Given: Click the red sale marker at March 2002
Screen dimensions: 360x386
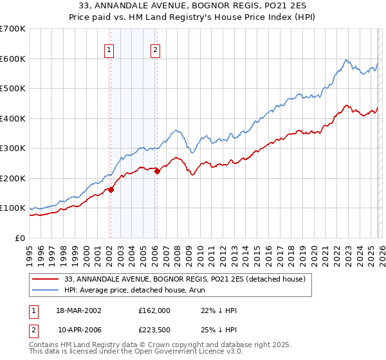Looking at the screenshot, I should [111, 190].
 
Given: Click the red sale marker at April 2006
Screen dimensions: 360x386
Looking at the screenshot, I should [157, 171].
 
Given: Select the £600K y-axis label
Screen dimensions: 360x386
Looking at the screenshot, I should [13, 59].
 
